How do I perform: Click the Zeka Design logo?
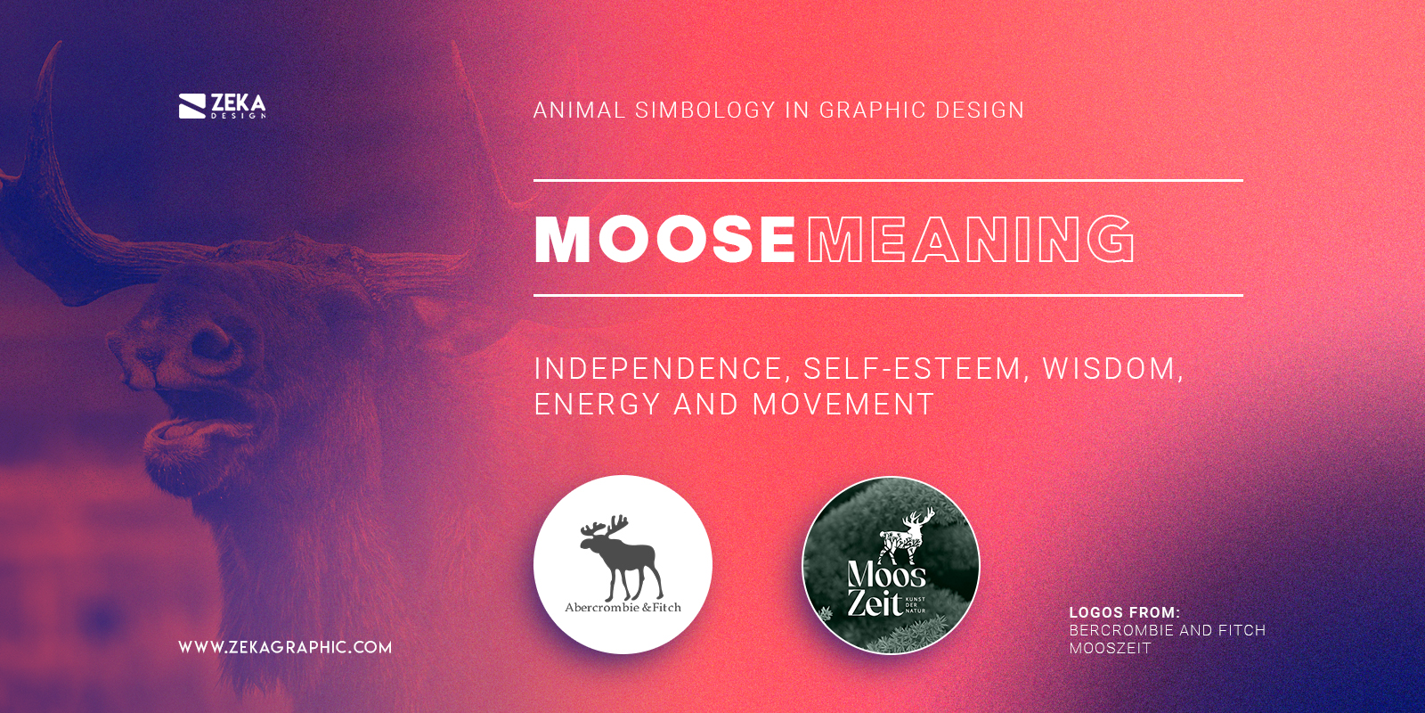point(223,106)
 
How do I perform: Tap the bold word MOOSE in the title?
point(664,239)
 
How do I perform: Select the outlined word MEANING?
point(971,239)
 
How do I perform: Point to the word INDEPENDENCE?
point(658,369)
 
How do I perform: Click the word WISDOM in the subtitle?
point(1109,369)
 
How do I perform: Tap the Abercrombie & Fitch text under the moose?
point(623,608)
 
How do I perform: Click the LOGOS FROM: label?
point(1124,612)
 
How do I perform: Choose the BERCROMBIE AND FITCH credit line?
point(1167,630)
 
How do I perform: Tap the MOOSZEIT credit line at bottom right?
point(1110,648)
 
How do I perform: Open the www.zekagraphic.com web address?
point(285,647)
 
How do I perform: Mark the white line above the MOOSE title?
point(888,180)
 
